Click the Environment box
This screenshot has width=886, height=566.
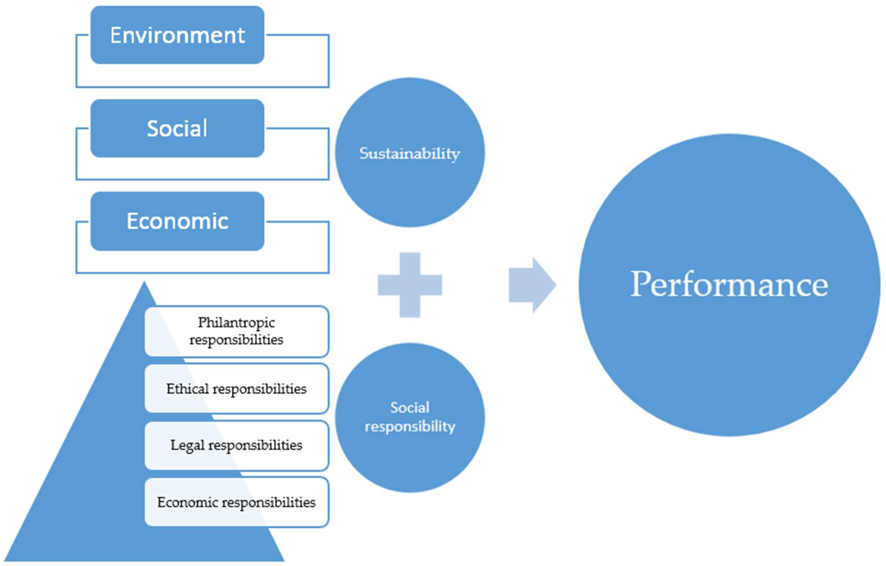177,35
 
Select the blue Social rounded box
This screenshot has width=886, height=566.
177,128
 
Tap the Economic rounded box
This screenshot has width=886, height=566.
177,221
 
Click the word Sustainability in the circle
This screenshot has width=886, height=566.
410,153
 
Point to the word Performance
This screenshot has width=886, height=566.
729,284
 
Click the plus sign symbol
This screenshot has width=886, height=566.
410,285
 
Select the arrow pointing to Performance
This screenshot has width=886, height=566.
532,285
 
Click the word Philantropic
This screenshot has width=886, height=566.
236,322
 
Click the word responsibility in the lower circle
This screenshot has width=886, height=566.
410,427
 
